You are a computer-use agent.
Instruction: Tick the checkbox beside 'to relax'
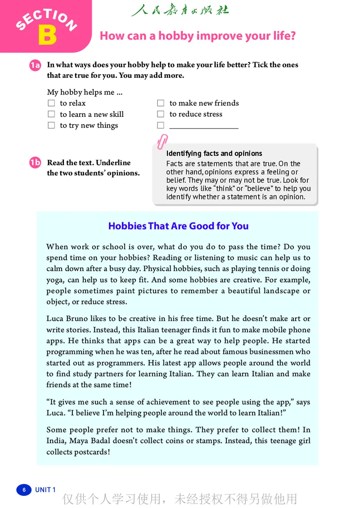pos(51,103)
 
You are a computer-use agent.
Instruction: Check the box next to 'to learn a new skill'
pos(51,115)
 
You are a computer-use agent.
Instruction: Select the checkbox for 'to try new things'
pos(51,126)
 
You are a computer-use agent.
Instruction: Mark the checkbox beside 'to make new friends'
pos(161,103)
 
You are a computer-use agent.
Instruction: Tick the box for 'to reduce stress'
pos(161,115)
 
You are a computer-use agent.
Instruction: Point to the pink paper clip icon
pos(162,141)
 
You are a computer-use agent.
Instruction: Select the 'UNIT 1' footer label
pos(45,490)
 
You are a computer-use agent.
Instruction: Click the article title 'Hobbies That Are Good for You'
pos(178,226)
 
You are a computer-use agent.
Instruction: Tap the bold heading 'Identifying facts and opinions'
pos(214,154)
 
